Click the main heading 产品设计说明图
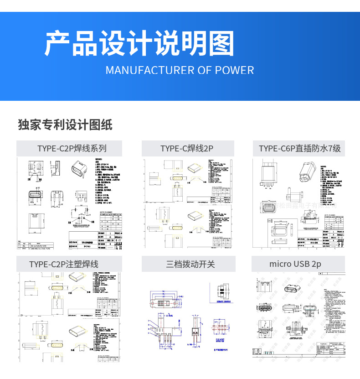pyautogui.click(x=139, y=44)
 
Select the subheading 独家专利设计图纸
pyautogui.click(x=65, y=125)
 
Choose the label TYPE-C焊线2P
pyautogui.click(x=187, y=148)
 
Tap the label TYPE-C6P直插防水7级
pyautogui.click(x=299, y=148)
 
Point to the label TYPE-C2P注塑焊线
pyautogui.click(x=64, y=264)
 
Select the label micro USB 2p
pyautogui.click(x=295, y=264)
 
